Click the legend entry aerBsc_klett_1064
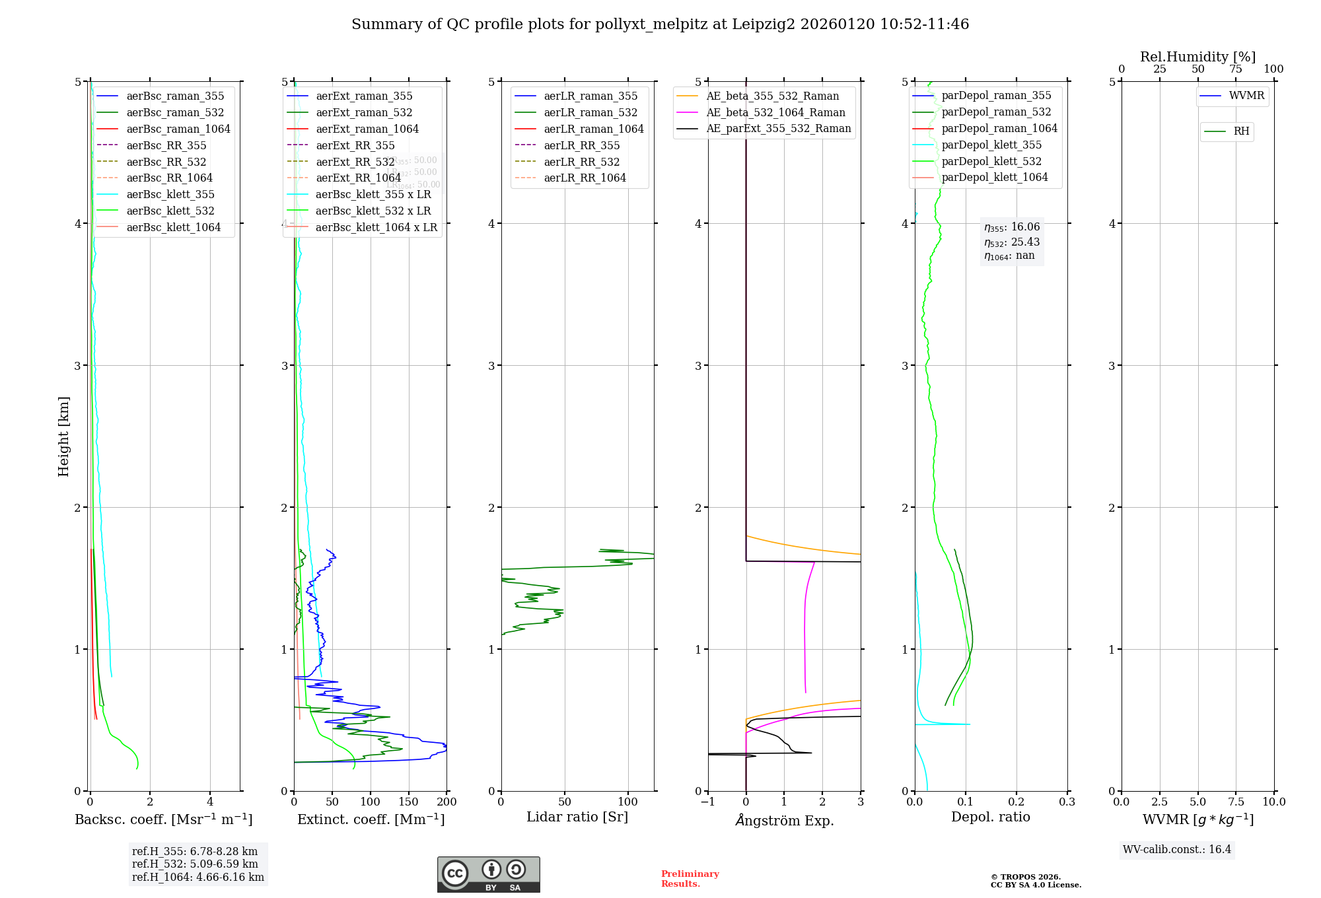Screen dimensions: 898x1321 click(x=173, y=227)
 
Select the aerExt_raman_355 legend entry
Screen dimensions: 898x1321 click(x=363, y=96)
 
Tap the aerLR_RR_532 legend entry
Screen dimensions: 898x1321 click(x=581, y=162)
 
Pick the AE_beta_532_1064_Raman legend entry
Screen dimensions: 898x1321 click(x=775, y=112)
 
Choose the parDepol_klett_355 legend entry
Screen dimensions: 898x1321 click(x=991, y=145)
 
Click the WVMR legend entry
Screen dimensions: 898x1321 click(x=1246, y=96)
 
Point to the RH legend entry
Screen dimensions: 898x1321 click(x=1241, y=131)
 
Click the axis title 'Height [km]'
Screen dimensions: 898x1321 click(x=63, y=436)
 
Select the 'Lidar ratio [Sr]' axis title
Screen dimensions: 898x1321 click(x=577, y=817)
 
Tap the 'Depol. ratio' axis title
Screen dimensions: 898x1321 click(x=990, y=817)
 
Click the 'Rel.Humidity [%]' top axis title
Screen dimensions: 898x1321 click(x=1197, y=57)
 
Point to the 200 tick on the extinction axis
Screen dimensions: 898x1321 click(x=447, y=802)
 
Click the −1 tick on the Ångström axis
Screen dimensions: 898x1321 click(x=707, y=802)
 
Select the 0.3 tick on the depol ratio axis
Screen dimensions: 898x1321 click(x=1067, y=802)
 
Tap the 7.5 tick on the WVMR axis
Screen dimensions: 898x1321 click(x=1236, y=802)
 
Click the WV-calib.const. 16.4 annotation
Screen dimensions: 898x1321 click(x=1177, y=849)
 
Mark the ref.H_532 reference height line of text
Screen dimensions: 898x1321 click(x=195, y=864)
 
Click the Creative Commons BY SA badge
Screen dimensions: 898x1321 click(x=488, y=874)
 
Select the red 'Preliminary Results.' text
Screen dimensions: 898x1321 click(x=690, y=878)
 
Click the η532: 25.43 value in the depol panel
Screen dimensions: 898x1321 click(x=1012, y=242)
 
